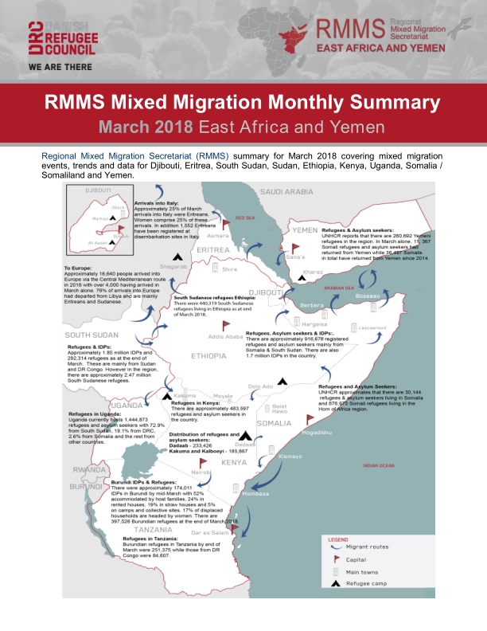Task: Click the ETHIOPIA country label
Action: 209,357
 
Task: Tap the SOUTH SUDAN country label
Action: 92,335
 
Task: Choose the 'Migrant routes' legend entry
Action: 368,547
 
